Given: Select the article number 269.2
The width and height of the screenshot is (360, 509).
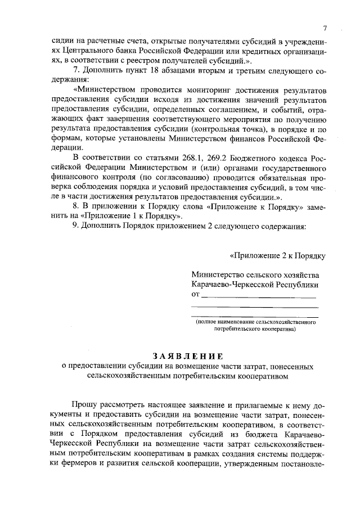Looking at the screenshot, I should (211, 157).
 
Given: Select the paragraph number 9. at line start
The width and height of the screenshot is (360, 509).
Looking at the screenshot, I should (77, 227).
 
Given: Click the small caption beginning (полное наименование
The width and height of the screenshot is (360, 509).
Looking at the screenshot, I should (255, 322).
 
